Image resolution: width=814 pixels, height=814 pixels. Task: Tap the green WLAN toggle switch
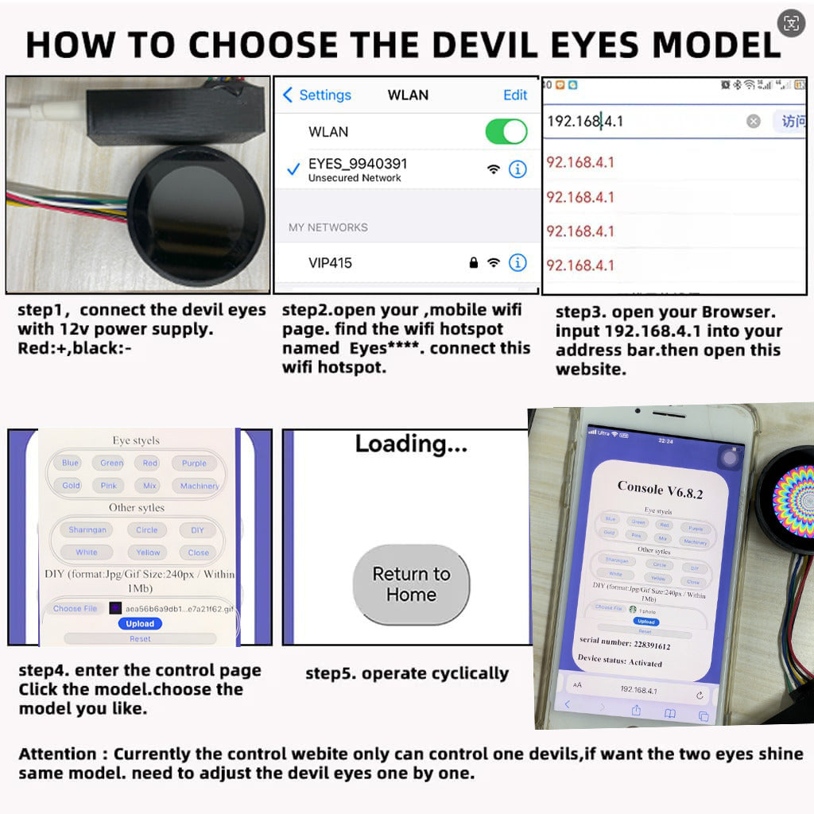click(506, 132)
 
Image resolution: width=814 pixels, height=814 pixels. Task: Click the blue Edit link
click(515, 95)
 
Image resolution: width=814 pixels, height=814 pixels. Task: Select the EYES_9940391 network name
click(358, 165)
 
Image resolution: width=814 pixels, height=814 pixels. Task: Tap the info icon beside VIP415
click(517, 262)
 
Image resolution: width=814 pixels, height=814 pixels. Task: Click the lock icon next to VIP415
click(474, 262)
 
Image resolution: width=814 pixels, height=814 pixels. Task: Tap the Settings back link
click(316, 95)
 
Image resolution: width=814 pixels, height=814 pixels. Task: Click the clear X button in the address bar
click(753, 122)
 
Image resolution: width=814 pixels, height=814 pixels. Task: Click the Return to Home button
click(411, 584)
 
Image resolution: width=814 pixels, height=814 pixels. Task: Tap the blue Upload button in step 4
click(140, 624)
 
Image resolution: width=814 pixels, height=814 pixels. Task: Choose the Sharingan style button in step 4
click(87, 530)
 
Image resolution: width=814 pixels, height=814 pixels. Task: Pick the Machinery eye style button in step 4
click(200, 486)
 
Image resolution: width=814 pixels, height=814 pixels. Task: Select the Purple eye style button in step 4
click(194, 463)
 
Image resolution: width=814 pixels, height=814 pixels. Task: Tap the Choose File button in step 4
click(75, 609)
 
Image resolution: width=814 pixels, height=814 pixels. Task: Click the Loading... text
click(411, 444)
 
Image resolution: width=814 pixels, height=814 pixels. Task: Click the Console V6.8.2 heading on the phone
click(660, 490)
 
